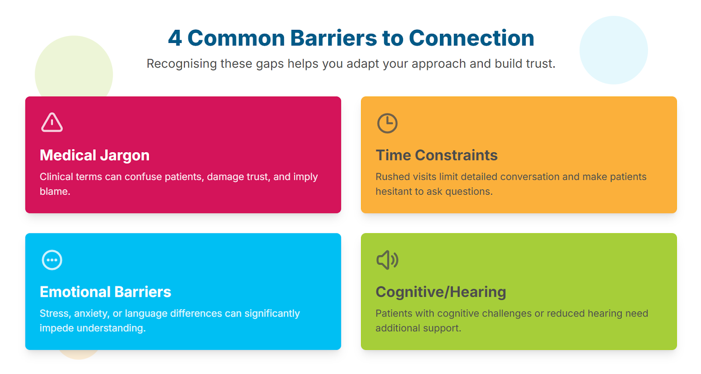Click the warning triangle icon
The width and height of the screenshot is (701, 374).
(x=52, y=122)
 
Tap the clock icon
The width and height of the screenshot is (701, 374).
(x=387, y=123)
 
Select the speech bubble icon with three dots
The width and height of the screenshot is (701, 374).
(x=52, y=260)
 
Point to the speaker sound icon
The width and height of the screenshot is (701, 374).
(x=387, y=260)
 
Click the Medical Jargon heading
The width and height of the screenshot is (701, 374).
(x=95, y=155)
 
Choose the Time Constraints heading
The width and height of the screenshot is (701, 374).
(x=436, y=155)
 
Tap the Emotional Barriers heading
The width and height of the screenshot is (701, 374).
(x=105, y=292)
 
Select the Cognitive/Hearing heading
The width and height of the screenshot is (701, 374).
(x=441, y=292)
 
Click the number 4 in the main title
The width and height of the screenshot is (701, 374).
(x=175, y=38)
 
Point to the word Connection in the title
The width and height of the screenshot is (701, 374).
(x=471, y=38)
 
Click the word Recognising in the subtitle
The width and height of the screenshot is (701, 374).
(x=181, y=64)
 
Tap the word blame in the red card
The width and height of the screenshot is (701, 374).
(x=54, y=192)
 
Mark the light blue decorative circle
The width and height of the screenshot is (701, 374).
(x=613, y=50)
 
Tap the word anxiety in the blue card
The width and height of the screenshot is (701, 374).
(x=91, y=313)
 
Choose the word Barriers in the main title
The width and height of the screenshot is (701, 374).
(x=333, y=38)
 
